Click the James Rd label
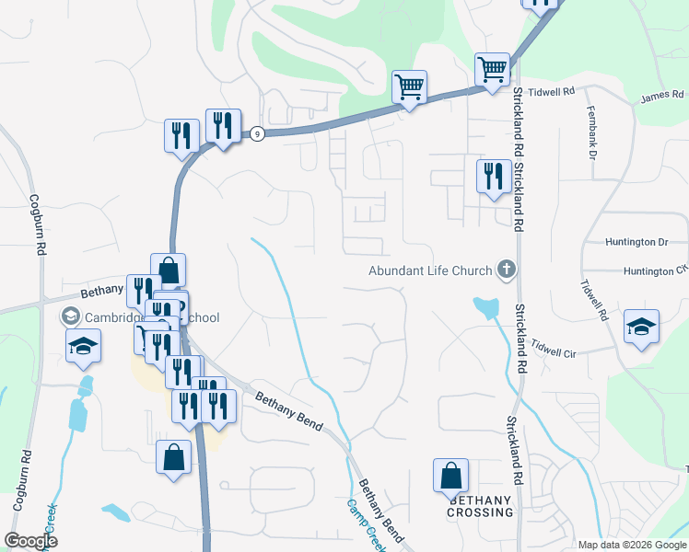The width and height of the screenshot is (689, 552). pos(663,94)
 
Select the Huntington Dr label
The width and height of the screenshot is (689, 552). pos(636,242)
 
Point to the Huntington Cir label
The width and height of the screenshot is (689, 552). pos(655,271)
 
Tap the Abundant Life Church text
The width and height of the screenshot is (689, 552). pos(430,270)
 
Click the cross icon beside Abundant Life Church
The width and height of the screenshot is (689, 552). pos(505,270)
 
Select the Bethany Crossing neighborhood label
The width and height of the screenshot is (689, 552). pos(480,506)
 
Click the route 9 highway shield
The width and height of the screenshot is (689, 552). pos(257,133)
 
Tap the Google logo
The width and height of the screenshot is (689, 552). pos(30,540)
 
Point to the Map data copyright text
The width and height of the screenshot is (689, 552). pos(632,545)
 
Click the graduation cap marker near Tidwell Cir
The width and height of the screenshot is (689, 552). pos(641,328)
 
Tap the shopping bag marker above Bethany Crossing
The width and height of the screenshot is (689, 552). pos(450,477)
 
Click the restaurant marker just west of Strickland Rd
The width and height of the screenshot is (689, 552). pos(494,176)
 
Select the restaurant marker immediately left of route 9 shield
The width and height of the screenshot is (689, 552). pos(223,127)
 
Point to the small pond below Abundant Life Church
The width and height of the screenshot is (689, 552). pos(485,306)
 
